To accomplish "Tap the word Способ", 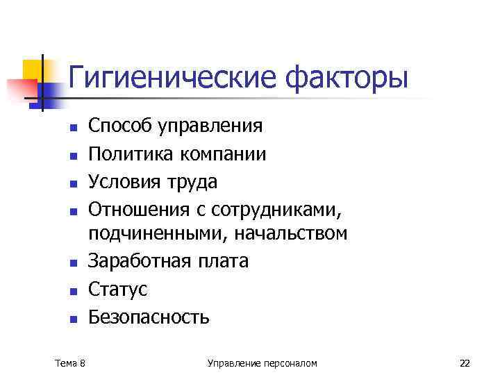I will click(x=120, y=126).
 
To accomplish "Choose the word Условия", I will click(x=124, y=181).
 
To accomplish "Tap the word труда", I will click(x=190, y=181).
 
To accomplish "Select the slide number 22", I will click(x=465, y=362).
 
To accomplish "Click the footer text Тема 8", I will click(x=70, y=362).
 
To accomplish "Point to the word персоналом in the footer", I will click(x=290, y=362).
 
